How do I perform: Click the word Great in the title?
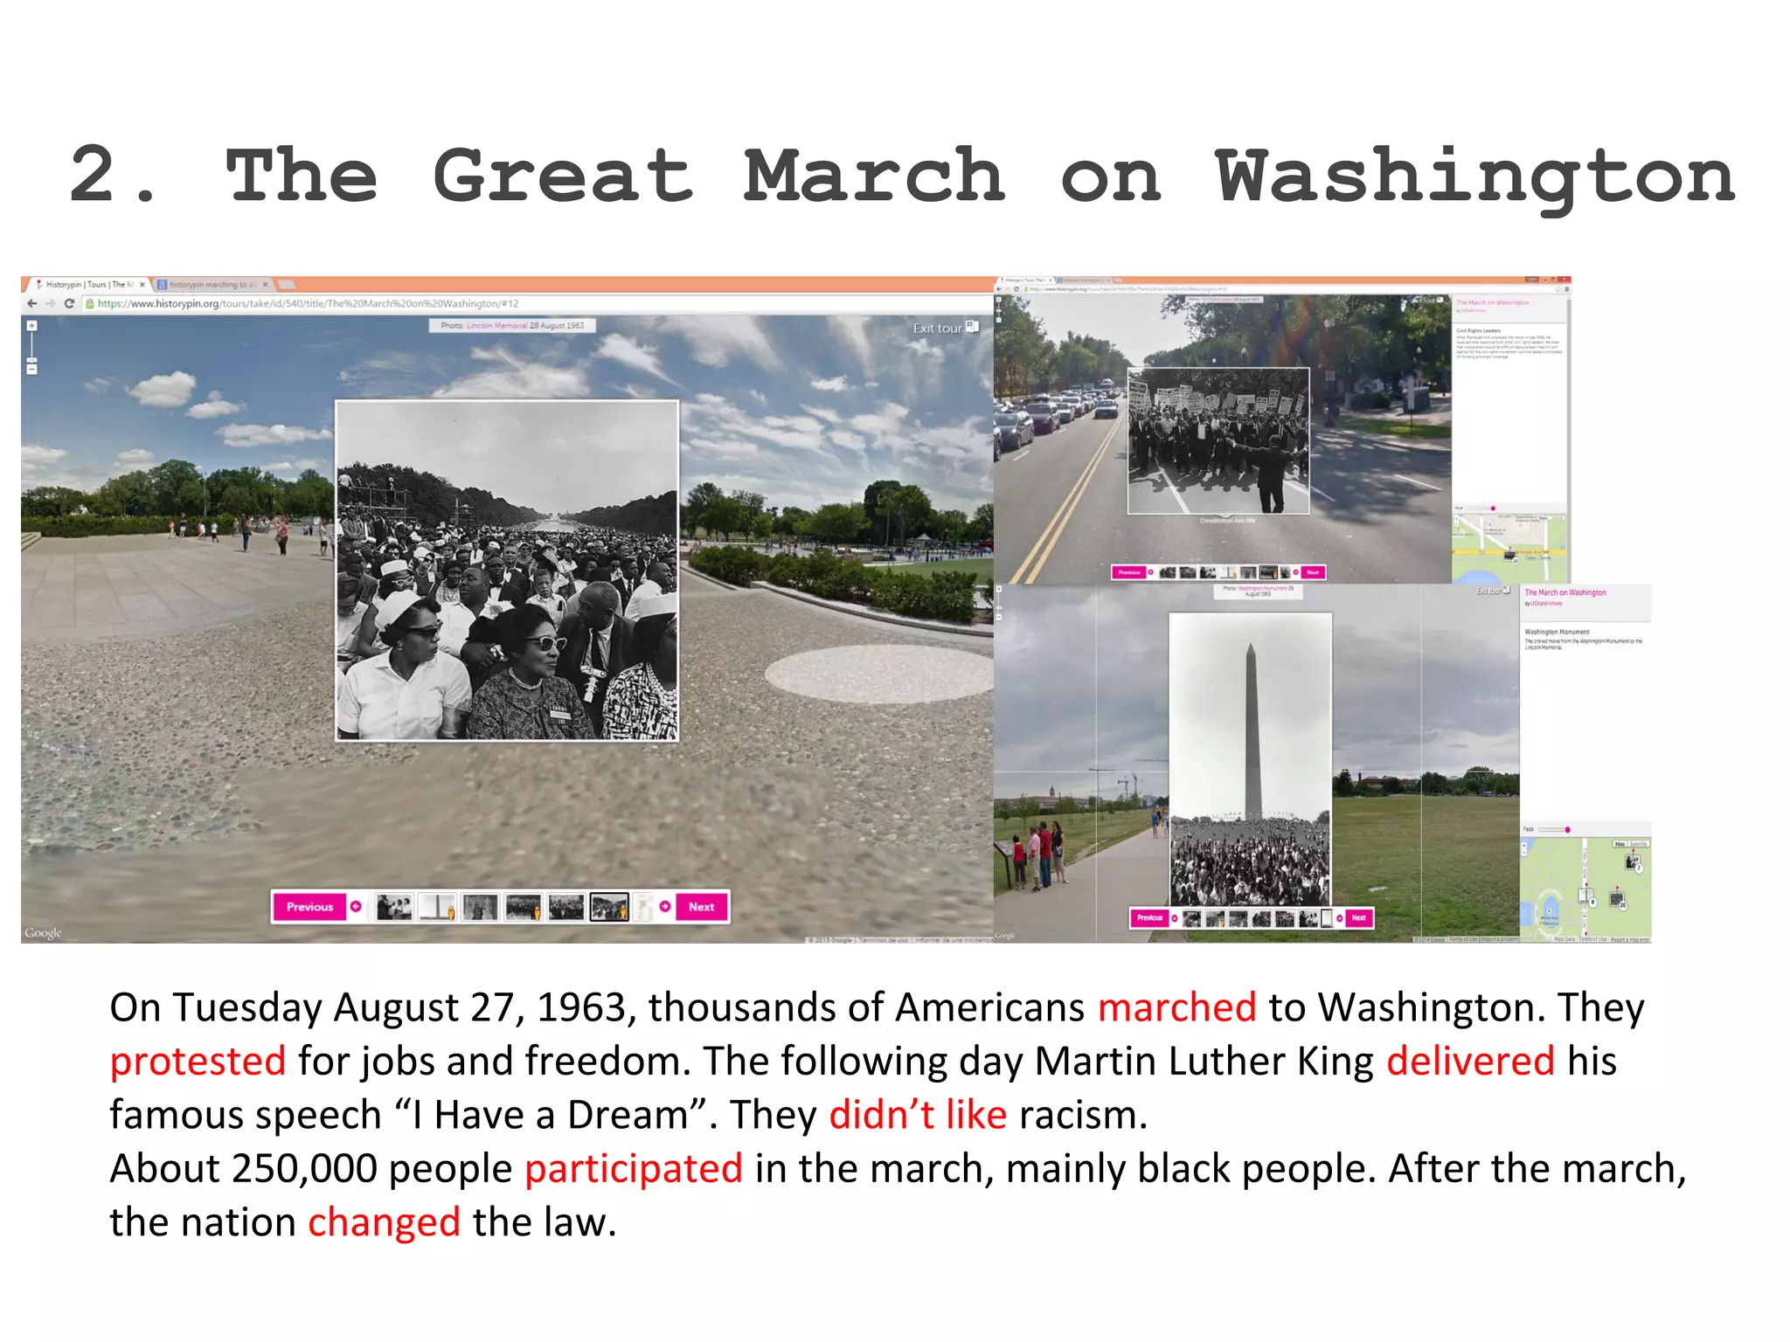pyautogui.click(x=563, y=176)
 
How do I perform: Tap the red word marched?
pyautogui.click(x=1176, y=1007)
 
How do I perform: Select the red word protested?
pyautogui.click(x=198, y=1062)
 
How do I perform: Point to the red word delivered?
pyautogui.click(x=1470, y=1062)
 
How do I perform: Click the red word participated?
pyautogui.click(x=634, y=1169)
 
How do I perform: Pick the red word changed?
pyautogui.click(x=384, y=1222)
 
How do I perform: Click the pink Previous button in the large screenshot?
pyautogui.click(x=309, y=907)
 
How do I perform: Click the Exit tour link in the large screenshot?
pyautogui.click(x=938, y=329)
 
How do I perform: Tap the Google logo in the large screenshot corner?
pyautogui.click(x=43, y=933)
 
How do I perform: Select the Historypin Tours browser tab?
pyautogui.click(x=87, y=285)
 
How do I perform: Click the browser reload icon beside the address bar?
pyautogui.click(x=69, y=304)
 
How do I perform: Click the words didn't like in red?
pyautogui.click(x=918, y=1116)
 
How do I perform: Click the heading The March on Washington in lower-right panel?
pyautogui.click(x=1565, y=592)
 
